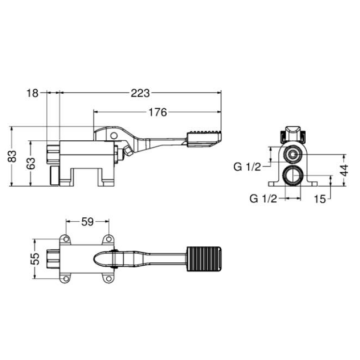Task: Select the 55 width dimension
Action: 34,258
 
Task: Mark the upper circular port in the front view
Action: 292,157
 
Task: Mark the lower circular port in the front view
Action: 292,180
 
